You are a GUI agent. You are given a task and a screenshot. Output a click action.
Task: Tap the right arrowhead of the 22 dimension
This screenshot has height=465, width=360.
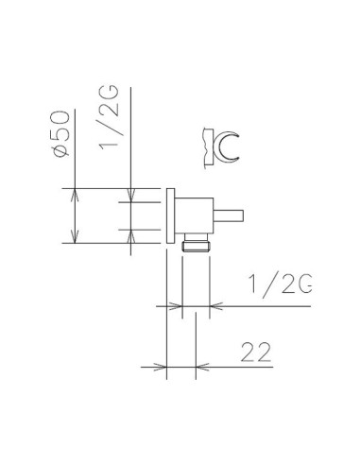tap(200, 367)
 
